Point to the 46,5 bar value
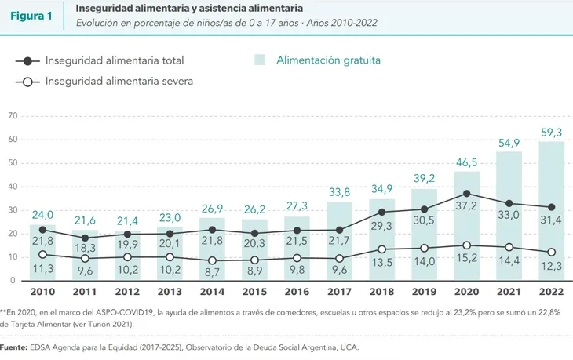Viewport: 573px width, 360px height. point(467,162)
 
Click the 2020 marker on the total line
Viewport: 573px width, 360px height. point(467,193)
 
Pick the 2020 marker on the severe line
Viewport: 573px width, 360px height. point(467,245)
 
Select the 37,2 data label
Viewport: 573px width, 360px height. point(467,205)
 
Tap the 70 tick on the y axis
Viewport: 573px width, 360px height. point(12,116)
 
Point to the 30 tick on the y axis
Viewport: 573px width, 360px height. point(12,210)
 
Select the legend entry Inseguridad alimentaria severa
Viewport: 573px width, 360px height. point(119,81)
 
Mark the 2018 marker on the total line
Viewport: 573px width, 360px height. point(382,212)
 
